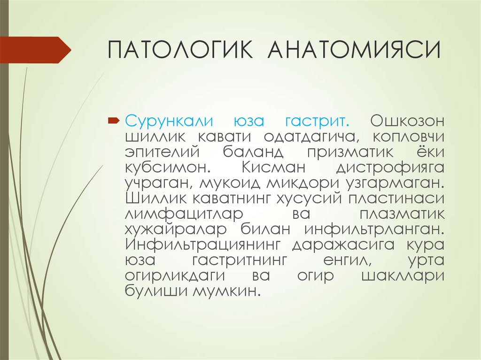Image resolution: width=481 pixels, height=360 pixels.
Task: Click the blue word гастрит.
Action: pyautogui.click(x=317, y=121)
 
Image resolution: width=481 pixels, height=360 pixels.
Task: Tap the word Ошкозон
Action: pyautogui.click(x=407, y=121)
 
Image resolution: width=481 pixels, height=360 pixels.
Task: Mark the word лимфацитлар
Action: pyautogui.click(x=184, y=214)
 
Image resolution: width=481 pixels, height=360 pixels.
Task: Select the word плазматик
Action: pyautogui.click(x=401, y=214)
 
